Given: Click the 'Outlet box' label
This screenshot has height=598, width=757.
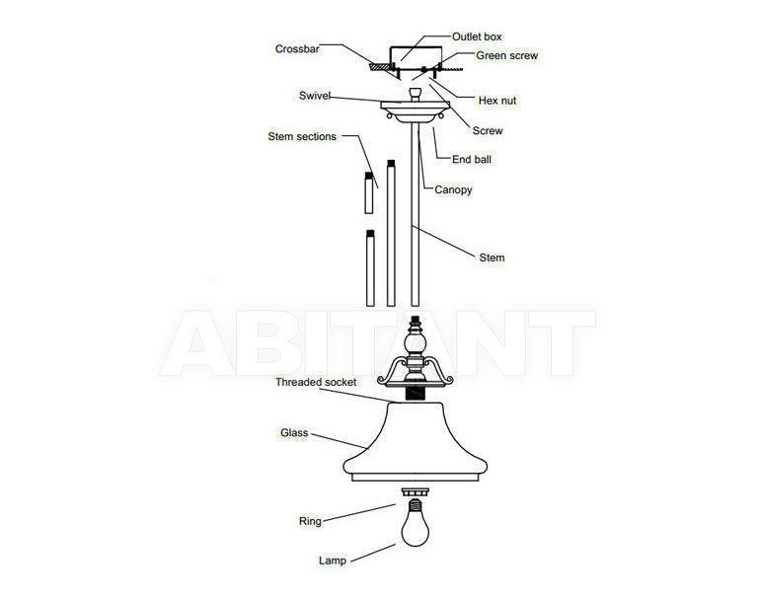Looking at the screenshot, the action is pyautogui.click(x=477, y=37).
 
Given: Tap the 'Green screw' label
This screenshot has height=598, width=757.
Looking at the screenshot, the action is pyautogui.click(x=507, y=55).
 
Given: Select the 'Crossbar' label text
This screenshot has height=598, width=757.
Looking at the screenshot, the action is pyautogui.click(x=297, y=48).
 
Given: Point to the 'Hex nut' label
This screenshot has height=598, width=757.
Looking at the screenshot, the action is pyautogui.click(x=497, y=101).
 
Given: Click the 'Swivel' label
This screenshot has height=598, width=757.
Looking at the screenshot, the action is pyautogui.click(x=315, y=96).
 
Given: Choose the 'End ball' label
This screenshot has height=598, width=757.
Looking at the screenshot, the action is pyautogui.click(x=471, y=159).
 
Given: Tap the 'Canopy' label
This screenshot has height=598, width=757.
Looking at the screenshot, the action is pyautogui.click(x=453, y=189).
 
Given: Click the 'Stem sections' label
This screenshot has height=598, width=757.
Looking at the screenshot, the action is pyautogui.click(x=302, y=136).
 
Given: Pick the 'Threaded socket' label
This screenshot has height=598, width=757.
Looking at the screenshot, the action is pyautogui.click(x=316, y=382).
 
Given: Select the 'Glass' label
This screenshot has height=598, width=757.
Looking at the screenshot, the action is pyautogui.click(x=294, y=433).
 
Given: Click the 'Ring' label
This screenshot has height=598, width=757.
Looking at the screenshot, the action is pyautogui.click(x=310, y=521).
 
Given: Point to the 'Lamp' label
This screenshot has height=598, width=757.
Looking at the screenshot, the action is pyautogui.click(x=333, y=561).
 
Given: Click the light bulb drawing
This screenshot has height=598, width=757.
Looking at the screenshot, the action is pyautogui.click(x=416, y=523).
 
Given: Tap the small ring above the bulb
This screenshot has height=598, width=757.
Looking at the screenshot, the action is pyautogui.click(x=416, y=491).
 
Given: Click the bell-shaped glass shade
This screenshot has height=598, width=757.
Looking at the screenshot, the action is pyautogui.click(x=416, y=442).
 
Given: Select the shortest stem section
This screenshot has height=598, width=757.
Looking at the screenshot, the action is pyautogui.click(x=369, y=192).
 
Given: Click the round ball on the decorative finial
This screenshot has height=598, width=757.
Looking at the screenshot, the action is pyautogui.click(x=416, y=344).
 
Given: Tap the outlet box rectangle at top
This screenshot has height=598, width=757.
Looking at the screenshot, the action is pyautogui.click(x=416, y=58).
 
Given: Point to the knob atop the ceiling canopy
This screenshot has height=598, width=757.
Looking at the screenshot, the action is pyautogui.click(x=415, y=94).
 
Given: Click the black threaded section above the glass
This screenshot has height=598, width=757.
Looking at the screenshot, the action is pyautogui.click(x=415, y=395).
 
